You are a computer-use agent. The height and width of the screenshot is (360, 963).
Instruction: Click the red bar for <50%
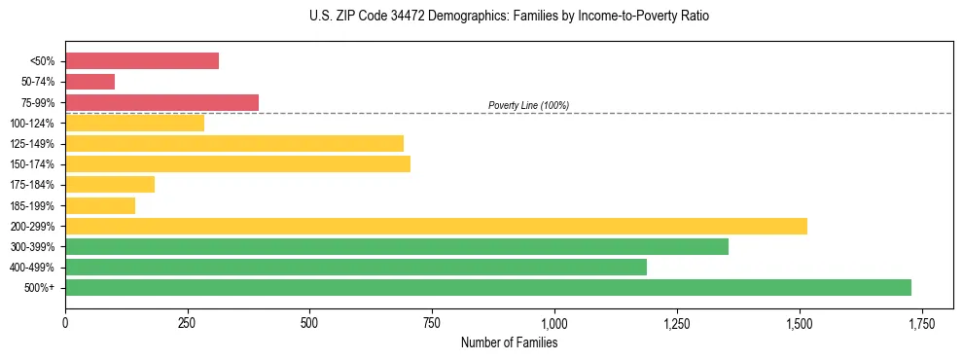click(x=142, y=61)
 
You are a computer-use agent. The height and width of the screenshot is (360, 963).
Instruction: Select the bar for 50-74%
click(x=89, y=82)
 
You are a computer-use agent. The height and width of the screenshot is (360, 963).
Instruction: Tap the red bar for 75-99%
click(x=161, y=102)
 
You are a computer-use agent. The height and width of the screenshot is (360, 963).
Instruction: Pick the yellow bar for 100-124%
click(x=134, y=123)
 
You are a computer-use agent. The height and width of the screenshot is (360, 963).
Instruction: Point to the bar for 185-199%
click(x=100, y=205)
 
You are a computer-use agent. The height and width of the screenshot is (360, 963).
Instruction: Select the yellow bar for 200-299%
click(x=436, y=226)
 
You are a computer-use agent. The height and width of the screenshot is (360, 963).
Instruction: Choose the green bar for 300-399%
click(x=397, y=246)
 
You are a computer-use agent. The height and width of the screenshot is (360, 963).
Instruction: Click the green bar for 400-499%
click(x=356, y=267)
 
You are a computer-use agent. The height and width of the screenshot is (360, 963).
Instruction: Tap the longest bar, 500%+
click(x=488, y=287)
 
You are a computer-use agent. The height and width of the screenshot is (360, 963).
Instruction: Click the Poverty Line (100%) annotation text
click(x=528, y=105)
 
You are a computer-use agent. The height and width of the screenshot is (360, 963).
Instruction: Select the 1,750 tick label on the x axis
click(x=921, y=322)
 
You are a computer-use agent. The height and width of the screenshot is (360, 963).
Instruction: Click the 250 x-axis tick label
click(x=188, y=322)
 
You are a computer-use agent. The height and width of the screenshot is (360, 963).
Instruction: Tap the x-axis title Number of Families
click(x=509, y=342)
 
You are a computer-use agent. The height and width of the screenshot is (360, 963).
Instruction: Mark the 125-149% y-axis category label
click(x=32, y=144)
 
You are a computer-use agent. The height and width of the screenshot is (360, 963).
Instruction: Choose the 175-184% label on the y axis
click(x=32, y=185)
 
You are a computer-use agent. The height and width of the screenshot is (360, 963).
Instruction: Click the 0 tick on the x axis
click(x=65, y=322)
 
